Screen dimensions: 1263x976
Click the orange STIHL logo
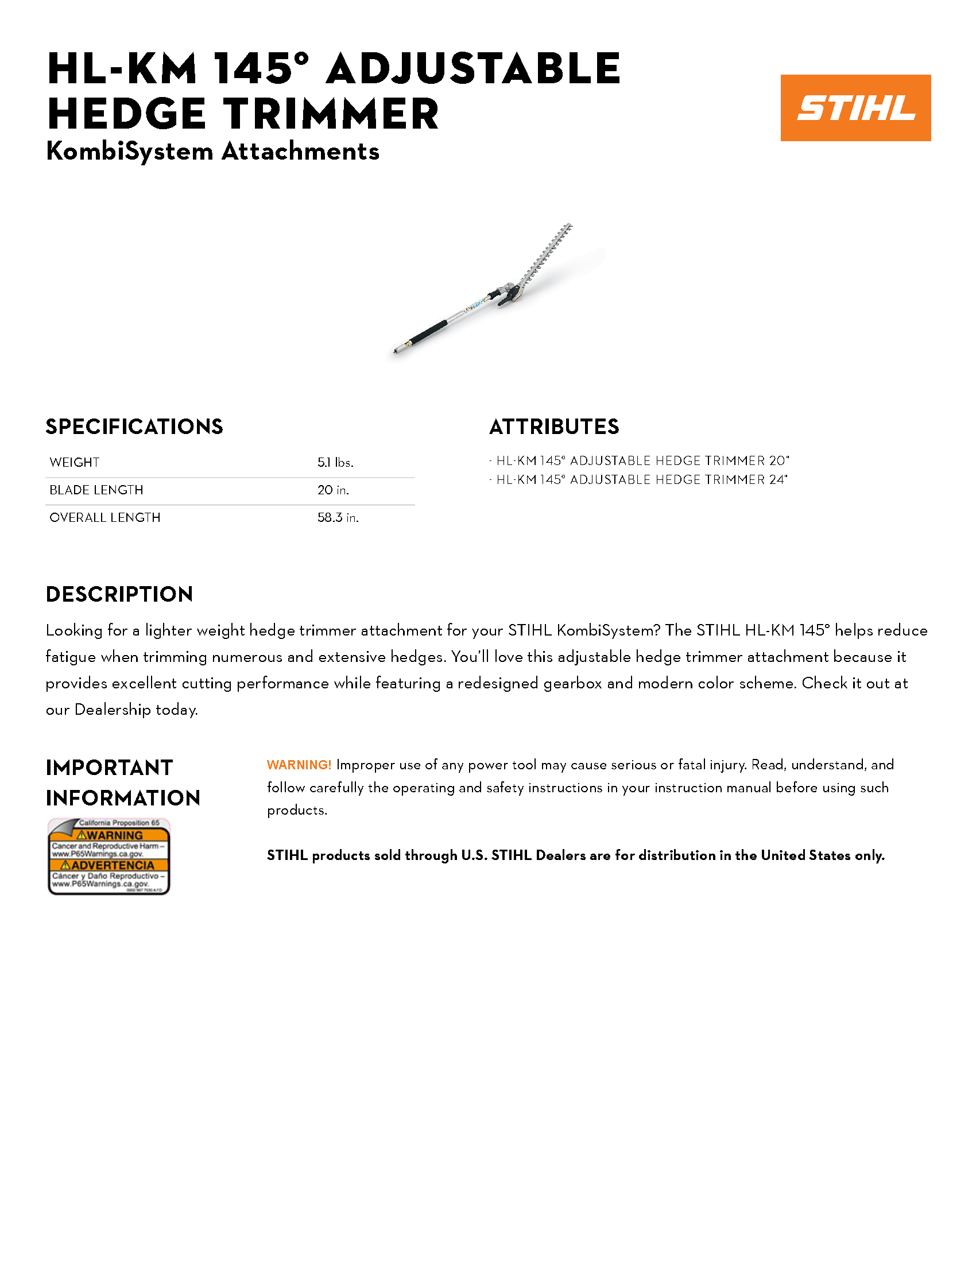click(x=855, y=107)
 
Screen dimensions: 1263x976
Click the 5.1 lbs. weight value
click(x=335, y=462)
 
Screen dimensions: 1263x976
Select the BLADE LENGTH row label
click(x=96, y=490)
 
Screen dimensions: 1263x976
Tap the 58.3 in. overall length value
click(x=338, y=518)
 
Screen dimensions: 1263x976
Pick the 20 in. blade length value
click(x=332, y=490)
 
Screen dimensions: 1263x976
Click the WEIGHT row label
click(x=75, y=462)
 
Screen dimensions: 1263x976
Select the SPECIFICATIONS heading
click(x=134, y=427)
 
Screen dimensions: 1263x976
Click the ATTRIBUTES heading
click(x=554, y=427)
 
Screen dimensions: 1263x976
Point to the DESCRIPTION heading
click(x=119, y=594)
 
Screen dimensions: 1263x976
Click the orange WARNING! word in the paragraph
click(x=299, y=765)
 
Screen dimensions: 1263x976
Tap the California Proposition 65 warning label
click(x=109, y=856)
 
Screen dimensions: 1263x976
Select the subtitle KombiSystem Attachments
click(x=212, y=151)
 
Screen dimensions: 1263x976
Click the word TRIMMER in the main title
click(x=331, y=113)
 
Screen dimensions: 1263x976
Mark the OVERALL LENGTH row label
click(x=104, y=518)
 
